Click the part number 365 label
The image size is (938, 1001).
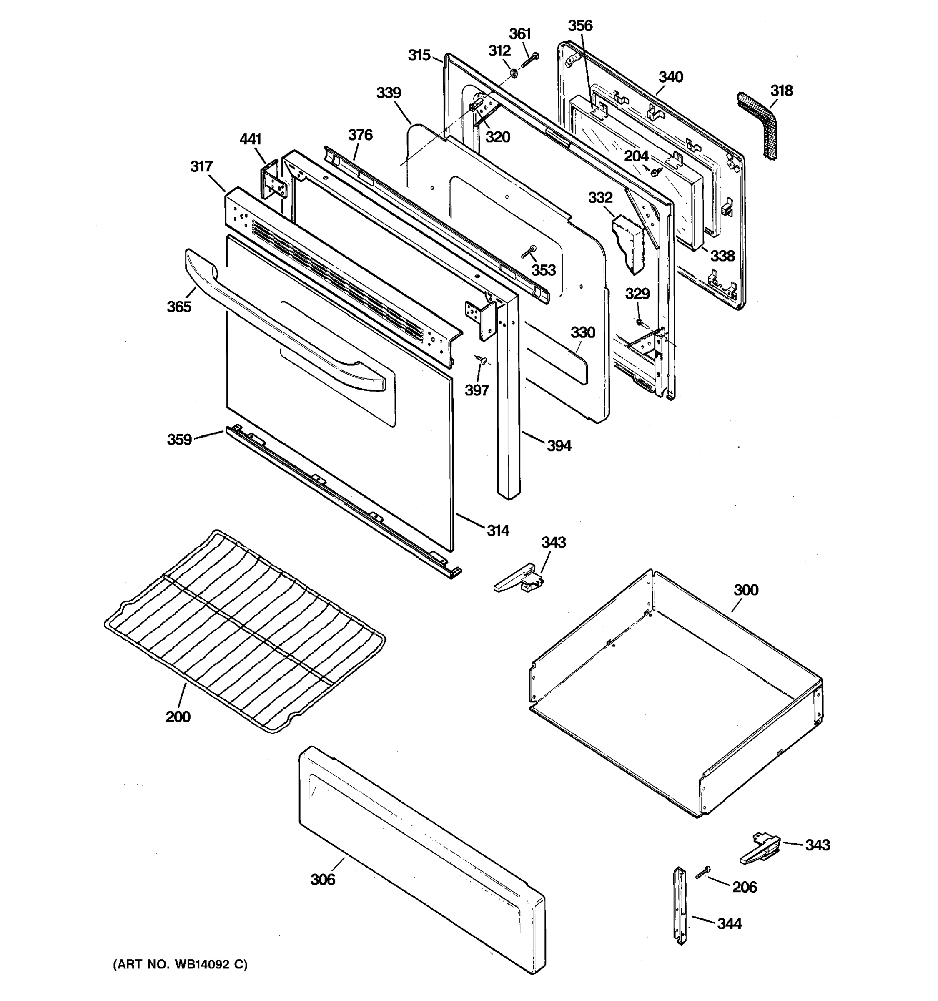click(179, 306)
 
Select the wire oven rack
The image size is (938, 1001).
click(245, 629)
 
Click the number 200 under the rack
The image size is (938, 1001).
click(178, 717)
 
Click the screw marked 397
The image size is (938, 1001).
click(482, 360)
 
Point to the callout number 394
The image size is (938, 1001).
click(559, 445)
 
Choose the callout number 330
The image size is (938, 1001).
click(583, 332)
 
